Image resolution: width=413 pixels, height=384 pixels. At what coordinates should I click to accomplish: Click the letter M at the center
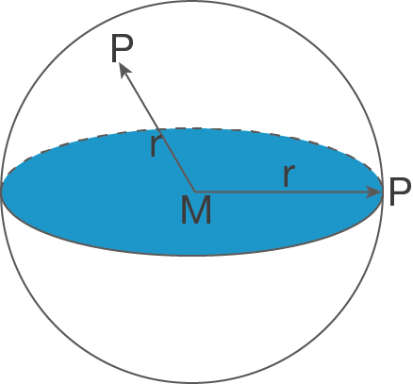tap(196, 209)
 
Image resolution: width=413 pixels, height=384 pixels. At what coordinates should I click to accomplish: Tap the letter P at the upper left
tap(122, 48)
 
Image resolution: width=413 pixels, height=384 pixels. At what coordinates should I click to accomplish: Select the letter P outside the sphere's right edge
tap(400, 192)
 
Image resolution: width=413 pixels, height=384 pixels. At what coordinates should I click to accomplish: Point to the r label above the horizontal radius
tap(289, 175)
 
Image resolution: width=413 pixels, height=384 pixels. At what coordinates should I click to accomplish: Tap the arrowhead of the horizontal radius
tap(374, 192)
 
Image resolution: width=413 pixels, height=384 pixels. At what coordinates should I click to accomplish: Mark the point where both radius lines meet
tap(194, 192)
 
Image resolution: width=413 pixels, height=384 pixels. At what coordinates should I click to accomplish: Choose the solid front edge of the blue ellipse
tap(192, 256)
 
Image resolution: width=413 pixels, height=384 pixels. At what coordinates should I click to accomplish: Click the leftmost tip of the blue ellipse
tap(2, 192)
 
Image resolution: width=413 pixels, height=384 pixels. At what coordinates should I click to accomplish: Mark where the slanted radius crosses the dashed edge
tap(157, 129)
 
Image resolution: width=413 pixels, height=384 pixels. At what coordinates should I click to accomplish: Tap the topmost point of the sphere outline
tap(192, 1)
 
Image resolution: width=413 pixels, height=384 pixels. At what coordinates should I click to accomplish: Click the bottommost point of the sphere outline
tap(192, 382)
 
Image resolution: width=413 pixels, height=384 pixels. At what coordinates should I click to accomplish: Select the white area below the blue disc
tap(192, 314)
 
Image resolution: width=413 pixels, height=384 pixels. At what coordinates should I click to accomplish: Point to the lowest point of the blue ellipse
tap(192, 256)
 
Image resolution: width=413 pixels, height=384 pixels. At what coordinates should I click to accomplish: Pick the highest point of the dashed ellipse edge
tap(192, 128)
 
